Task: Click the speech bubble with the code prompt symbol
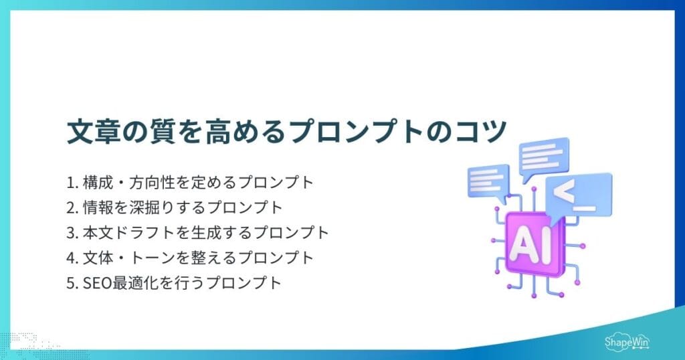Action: pyautogui.click(x=577, y=193)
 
